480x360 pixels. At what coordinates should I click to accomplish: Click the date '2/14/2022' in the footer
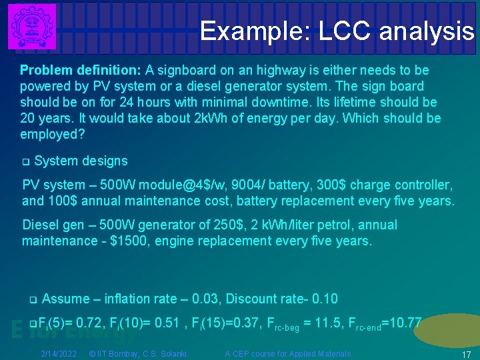coord(59,353)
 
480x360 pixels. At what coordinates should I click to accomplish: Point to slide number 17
coord(467,355)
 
